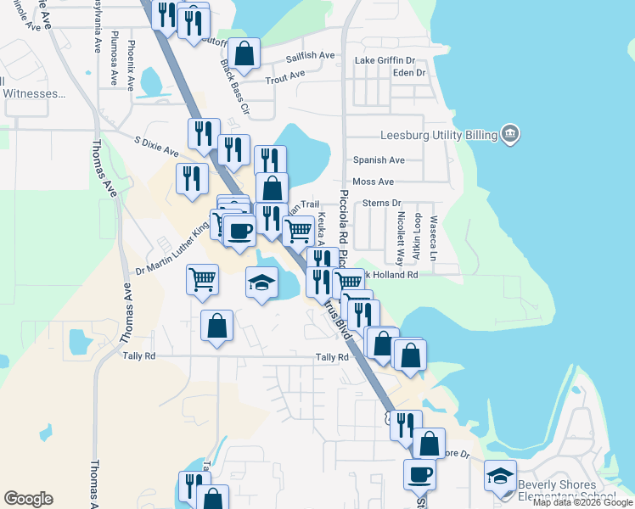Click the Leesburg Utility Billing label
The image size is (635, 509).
click(x=437, y=134)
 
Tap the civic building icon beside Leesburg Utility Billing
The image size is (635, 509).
click(x=509, y=133)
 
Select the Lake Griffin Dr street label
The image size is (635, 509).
click(x=385, y=61)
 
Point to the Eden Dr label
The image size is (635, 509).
click(x=408, y=73)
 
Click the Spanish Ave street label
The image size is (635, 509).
click(x=379, y=159)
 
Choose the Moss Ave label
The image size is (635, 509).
click(x=374, y=182)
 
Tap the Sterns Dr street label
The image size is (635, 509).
click(x=381, y=204)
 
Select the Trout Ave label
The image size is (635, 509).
click(x=284, y=77)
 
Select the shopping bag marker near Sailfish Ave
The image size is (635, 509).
click(x=244, y=53)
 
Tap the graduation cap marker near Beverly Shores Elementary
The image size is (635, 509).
click(x=501, y=475)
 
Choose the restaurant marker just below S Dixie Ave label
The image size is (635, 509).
click(x=193, y=178)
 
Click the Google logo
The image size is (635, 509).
click(x=28, y=499)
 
